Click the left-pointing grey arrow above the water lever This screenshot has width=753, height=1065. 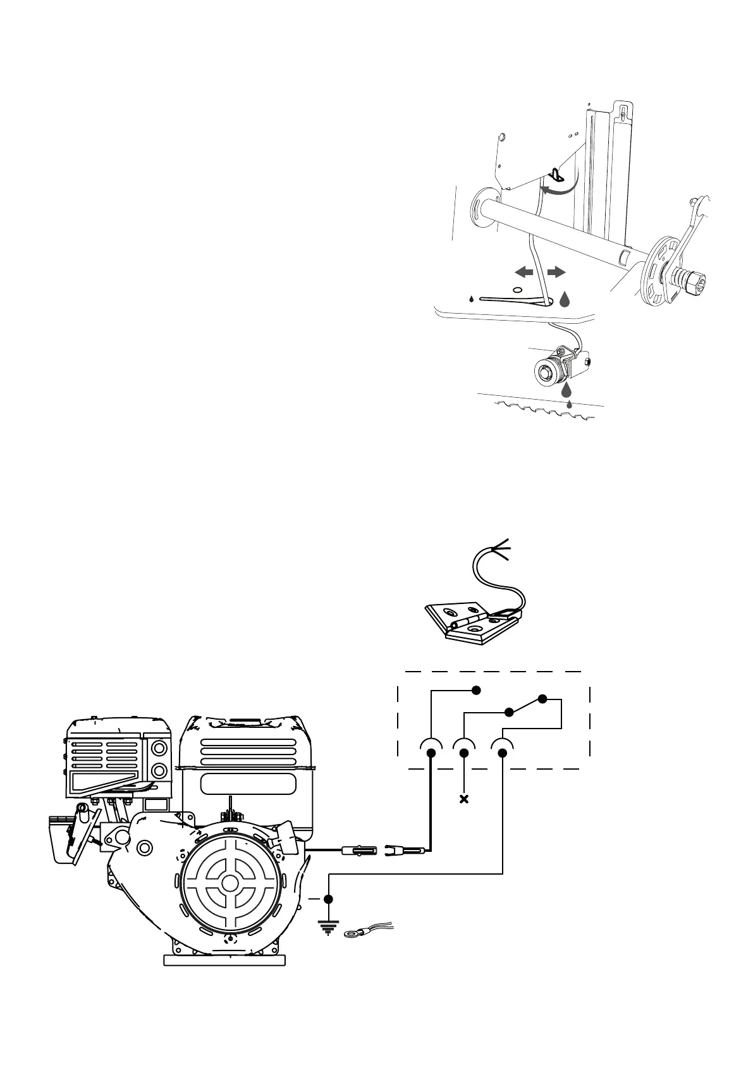point(523,272)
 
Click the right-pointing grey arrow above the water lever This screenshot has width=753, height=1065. point(556,272)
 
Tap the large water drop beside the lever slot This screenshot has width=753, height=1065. point(565,298)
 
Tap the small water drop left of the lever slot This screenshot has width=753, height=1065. point(472,299)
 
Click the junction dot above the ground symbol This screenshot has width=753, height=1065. point(328,898)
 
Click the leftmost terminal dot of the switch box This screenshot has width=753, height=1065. point(431,753)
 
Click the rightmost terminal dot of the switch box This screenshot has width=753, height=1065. point(503,753)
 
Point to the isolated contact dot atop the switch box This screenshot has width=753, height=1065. point(478,690)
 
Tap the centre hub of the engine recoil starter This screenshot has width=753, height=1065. point(231,882)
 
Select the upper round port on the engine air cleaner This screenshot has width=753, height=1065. point(160,748)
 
